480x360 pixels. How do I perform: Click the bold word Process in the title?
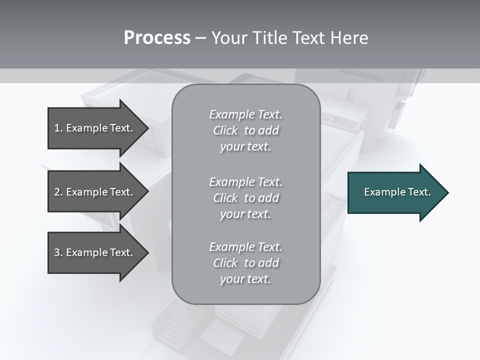[157, 38]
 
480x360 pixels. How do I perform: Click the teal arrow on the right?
[395, 192]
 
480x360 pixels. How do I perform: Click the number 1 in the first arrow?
[57, 128]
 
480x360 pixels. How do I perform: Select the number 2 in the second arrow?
[57, 192]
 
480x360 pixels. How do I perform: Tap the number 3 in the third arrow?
[57, 252]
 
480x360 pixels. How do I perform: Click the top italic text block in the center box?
[245, 130]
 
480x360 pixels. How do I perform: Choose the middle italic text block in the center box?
[245, 198]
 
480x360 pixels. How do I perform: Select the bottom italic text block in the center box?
[245, 263]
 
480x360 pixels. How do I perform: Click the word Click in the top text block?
[225, 130]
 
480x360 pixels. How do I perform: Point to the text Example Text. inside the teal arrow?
[397, 192]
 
